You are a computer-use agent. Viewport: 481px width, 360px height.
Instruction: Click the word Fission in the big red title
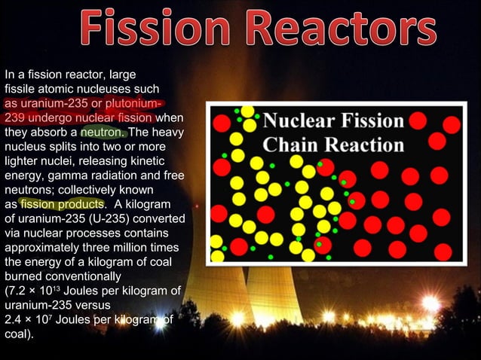coord(149,30)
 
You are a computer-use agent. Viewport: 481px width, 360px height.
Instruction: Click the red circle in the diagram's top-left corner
coord(222,123)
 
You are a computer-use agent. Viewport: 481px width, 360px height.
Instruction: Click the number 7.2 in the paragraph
coord(26,291)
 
